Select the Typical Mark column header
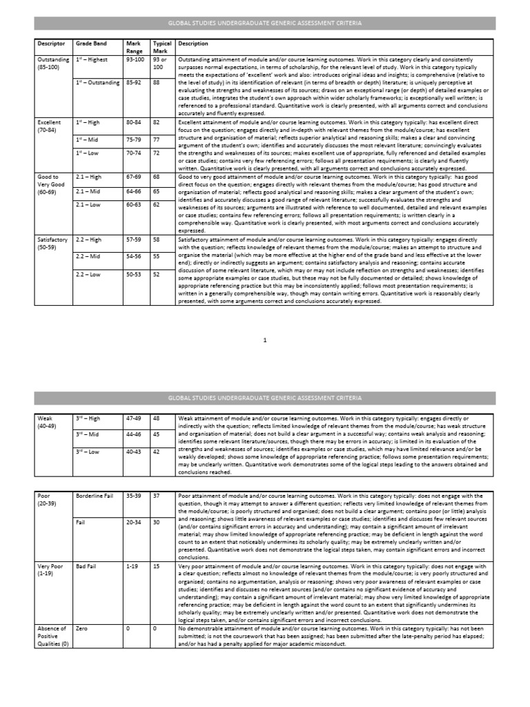click(161, 47)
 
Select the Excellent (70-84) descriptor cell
click(50, 126)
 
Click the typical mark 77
click(156, 139)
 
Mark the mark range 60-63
click(134, 205)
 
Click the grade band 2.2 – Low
click(88, 275)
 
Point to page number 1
click(265, 340)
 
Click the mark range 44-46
click(134, 434)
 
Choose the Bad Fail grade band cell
click(87, 565)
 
